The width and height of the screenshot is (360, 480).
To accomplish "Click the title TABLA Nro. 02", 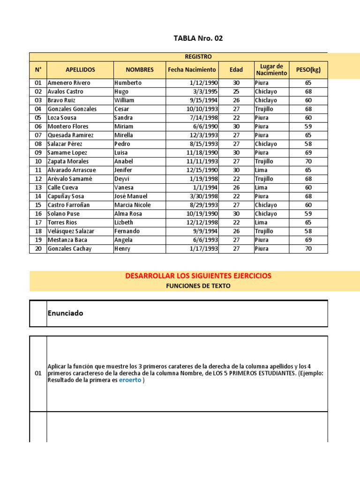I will tap(198, 38).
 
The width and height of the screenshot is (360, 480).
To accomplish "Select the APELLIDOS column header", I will tap(80, 70).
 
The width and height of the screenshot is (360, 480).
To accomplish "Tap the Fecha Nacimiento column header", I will tap(192, 70).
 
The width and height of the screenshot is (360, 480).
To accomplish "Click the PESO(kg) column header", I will tap(308, 70).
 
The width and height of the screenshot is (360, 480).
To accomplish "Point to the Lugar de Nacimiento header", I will tap(271, 70).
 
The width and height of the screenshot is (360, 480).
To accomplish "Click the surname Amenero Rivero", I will tap(69, 82).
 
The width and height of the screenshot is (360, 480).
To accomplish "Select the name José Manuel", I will tap(131, 196).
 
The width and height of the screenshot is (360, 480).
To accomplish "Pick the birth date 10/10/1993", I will tap(202, 109).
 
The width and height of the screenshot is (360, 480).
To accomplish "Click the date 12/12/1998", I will tap(202, 223).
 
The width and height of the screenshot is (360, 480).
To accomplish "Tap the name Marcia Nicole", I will tap(133, 205).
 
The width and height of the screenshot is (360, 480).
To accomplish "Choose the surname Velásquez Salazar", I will tap(71, 231).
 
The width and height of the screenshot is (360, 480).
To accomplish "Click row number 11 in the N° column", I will tap(38, 170).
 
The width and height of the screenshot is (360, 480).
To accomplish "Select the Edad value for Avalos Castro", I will tap(236, 91).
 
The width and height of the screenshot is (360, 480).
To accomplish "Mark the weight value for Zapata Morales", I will tap(308, 161).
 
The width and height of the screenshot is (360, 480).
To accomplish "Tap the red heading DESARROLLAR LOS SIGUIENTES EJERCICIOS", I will tap(198, 276).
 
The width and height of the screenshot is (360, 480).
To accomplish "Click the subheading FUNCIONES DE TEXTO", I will tap(198, 286).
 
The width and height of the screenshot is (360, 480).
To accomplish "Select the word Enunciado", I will tap(65, 313).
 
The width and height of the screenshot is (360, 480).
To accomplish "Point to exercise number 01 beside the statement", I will tap(38, 374).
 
